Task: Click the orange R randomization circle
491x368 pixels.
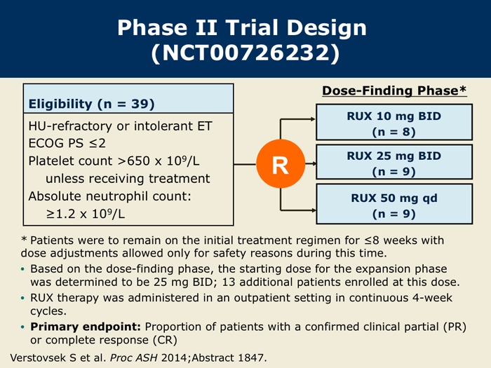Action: (281, 163)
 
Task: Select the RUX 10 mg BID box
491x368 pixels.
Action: (394, 122)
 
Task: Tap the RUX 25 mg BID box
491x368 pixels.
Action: (394, 162)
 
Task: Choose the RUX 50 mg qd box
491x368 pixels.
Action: (394, 204)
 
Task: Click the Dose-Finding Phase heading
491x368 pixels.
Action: (394, 90)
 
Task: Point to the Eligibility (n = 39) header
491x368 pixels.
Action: (91, 104)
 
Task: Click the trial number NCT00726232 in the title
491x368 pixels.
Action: (245, 53)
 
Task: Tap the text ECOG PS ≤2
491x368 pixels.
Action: (67, 143)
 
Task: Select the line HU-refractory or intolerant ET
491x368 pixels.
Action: (120, 126)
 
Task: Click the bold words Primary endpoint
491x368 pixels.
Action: (86, 327)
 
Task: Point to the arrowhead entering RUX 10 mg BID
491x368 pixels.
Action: (313, 119)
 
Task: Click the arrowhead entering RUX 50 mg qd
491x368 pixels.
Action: (313, 210)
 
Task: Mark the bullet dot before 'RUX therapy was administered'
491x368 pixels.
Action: (22, 298)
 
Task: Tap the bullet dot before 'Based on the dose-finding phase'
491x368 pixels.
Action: (22, 269)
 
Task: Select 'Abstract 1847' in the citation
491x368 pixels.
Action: (228, 357)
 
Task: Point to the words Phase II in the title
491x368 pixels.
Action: (168, 27)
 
